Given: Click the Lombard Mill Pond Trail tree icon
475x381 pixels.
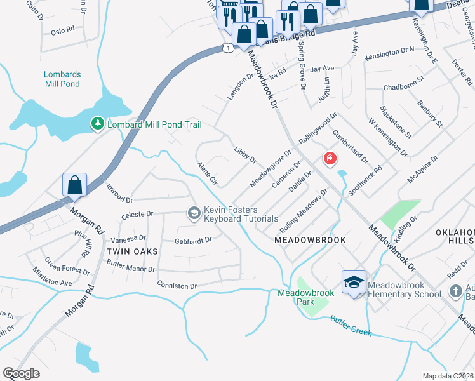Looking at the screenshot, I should (x=97, y=124).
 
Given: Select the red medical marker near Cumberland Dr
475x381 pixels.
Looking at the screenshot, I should (x=330, y=159).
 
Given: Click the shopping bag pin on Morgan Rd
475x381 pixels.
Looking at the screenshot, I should (x=75, y=185).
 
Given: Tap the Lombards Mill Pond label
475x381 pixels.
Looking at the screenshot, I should (x=63, y=79).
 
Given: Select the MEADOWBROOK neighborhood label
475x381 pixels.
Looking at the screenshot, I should (x=310, y=240).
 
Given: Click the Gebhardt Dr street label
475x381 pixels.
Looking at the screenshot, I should (x=193, y=241).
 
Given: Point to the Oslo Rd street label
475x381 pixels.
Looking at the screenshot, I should (x=63, y=30).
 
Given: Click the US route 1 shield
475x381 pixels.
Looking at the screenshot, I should (x=227, y=48).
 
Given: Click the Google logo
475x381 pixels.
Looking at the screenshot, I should (x=21, y=373).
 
